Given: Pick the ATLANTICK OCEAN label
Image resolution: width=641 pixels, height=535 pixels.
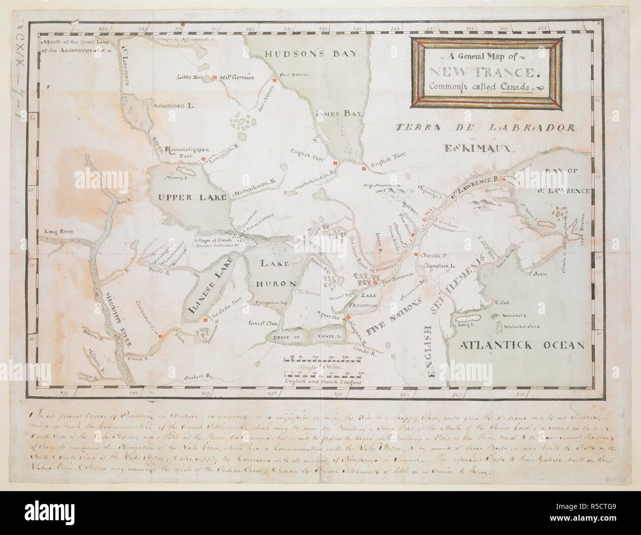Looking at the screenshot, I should coord(520,345).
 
